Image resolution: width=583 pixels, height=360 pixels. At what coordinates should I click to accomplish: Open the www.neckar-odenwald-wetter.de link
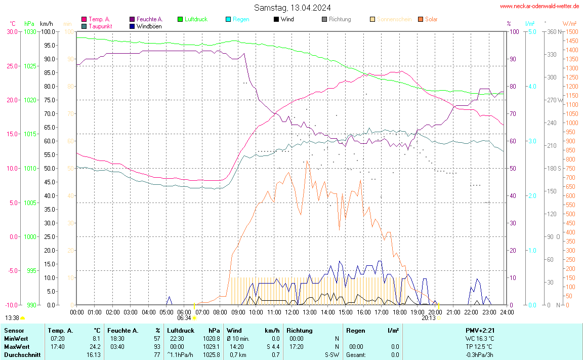point(539,6)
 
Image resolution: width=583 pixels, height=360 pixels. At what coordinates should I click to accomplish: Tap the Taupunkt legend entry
point(100,26)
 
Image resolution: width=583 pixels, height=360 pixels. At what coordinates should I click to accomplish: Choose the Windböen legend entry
point(149,26)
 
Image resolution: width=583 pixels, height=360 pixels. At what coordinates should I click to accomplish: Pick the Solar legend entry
point(431,19)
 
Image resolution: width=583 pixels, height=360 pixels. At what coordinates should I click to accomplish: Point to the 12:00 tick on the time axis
point(292,312)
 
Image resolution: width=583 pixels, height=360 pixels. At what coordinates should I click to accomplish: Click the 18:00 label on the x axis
point(400,312)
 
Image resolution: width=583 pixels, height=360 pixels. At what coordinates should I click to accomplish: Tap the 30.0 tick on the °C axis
point(12,32)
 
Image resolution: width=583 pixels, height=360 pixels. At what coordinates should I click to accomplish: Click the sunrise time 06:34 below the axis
point(185,318)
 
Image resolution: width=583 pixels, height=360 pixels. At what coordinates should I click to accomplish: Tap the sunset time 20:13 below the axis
point(428,318)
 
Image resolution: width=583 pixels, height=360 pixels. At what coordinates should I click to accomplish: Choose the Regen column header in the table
point(355,331)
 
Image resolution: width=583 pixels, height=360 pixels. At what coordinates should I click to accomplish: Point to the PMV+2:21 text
point(480,331)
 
